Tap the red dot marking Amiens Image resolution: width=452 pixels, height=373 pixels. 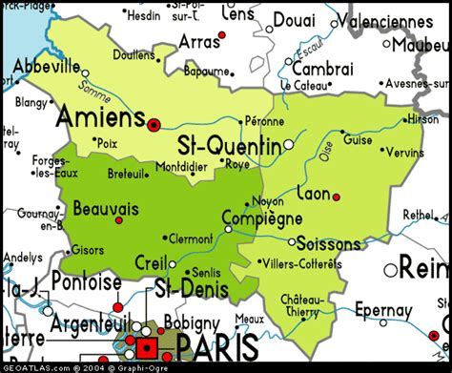(x=154, y=123)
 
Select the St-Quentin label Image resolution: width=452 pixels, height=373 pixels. (x=229, y=146)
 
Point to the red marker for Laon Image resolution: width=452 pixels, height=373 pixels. (x=336, y=197)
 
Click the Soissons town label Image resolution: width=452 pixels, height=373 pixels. (x=328, y=243)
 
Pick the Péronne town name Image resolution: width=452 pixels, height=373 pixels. (x=263, y=121)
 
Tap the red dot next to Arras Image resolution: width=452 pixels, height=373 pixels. (x=222, y=35)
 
